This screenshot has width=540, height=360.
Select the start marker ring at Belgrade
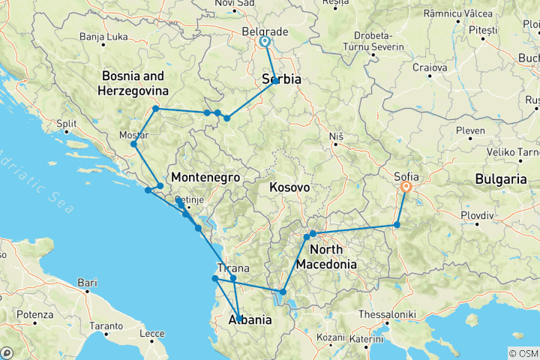(x=265, y=43)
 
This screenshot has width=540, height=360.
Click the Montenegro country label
(x=205, y=178)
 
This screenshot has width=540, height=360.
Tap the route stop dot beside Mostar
(x=133, y=144)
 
